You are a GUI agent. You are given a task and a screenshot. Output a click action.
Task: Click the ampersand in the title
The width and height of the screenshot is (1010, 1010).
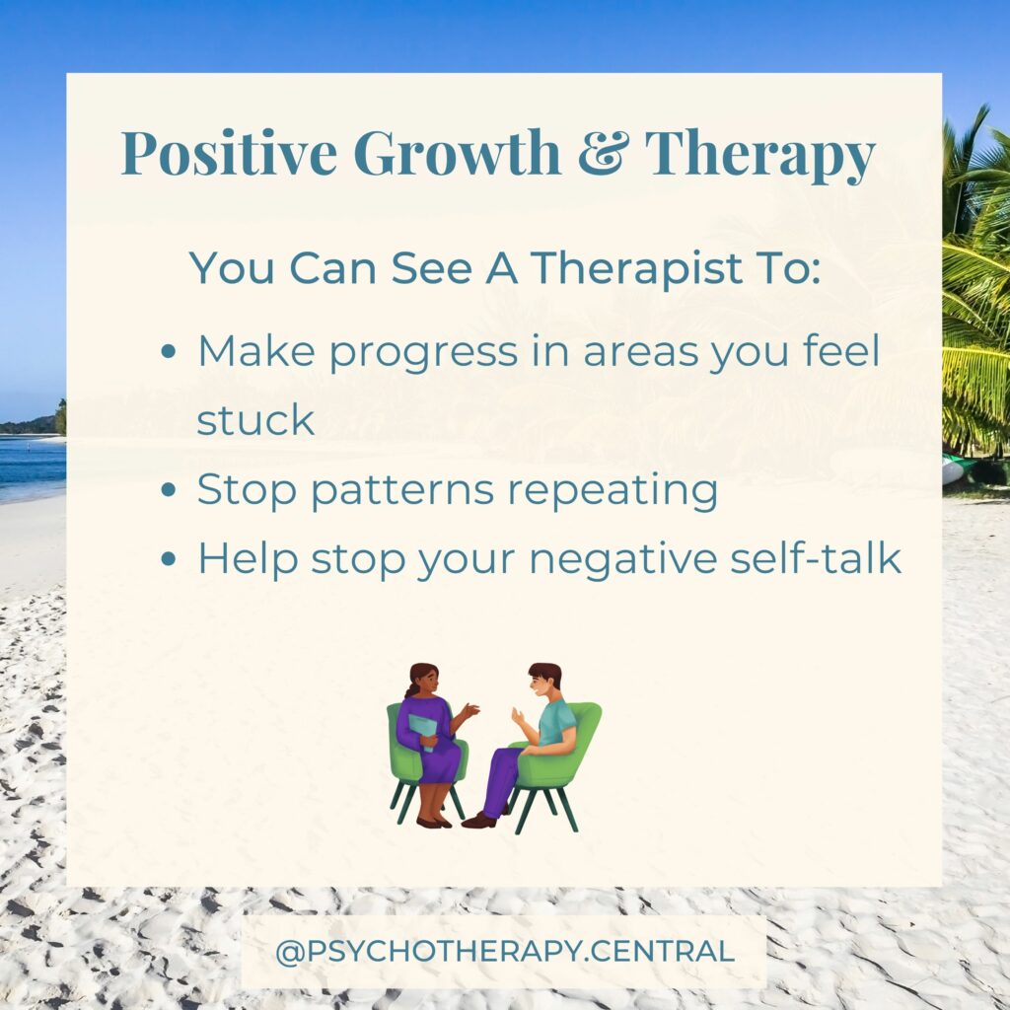tap(602, 152)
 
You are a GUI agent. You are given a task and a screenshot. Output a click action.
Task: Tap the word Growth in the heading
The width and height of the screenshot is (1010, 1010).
tap(457, 152)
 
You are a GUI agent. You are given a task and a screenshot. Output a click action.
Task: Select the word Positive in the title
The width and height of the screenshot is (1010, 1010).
tap(229, 152)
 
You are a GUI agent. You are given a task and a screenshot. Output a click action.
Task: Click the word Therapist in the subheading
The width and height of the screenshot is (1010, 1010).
tap(636, 268)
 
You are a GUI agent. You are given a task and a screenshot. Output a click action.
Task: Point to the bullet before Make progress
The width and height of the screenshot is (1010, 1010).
tap(168, 352)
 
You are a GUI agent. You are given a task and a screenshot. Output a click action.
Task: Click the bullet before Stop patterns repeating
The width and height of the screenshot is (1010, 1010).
tap(168, 489)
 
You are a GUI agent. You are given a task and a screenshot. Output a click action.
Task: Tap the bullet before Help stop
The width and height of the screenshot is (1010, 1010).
tap(168, 558)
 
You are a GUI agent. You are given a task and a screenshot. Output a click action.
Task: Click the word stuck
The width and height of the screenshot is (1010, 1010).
tap(255, 420)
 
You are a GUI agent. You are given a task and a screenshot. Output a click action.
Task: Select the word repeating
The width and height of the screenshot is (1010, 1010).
tap(613, 491)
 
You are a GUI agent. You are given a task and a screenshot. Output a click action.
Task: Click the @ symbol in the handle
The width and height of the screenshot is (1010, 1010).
tap(290, 952)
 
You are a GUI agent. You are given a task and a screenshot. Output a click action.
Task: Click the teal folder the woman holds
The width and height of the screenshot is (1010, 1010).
tap(423, 733)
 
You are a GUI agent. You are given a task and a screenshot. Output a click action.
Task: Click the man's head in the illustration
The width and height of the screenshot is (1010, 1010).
tap(544, 681)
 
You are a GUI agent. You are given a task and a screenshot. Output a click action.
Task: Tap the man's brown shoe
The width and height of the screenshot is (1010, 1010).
tap(479, 820)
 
